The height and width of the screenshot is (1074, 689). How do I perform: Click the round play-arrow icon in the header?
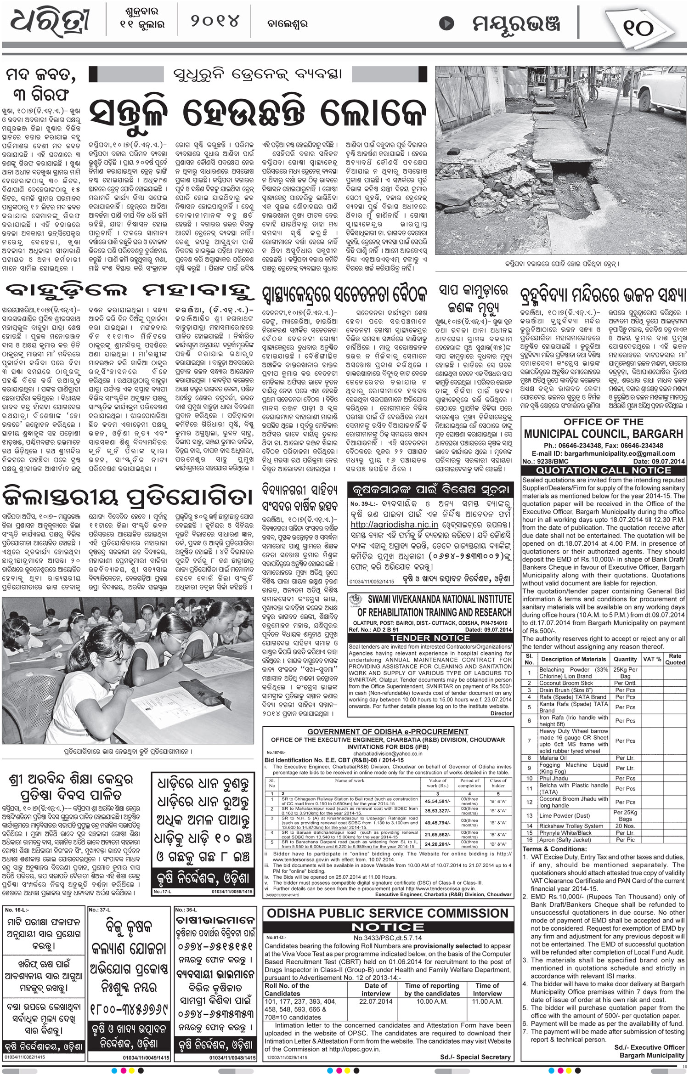click(x=447, y=23)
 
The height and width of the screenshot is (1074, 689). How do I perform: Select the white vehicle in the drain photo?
click(x=661, y=90)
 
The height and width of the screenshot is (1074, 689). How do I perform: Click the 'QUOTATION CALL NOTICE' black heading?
click(x=604, y=470)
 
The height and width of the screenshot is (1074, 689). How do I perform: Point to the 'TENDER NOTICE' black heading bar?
click(x=430, y=638)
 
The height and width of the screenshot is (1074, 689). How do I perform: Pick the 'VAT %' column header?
click(x=652, y=659)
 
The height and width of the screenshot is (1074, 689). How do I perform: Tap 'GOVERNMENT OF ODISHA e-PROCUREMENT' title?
click(x=388, y=732)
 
